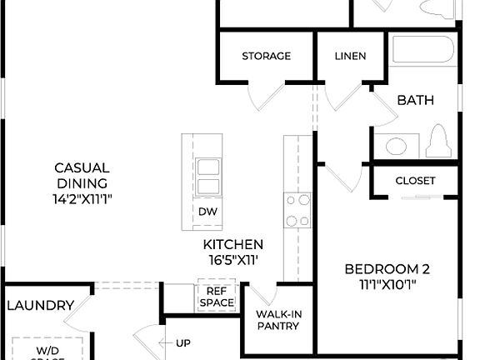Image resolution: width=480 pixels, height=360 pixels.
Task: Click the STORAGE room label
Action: (x=266, y=56)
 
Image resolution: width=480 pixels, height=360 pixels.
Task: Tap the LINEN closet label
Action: (x=349, y=56)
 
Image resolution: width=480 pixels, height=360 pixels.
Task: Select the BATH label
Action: (x=415, y=100)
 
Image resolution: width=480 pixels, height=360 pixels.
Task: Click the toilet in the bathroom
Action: (x=437, y=142)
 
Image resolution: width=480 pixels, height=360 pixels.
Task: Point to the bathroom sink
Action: (x=396, y=146)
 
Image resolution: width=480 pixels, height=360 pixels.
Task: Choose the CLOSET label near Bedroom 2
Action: (x=415, y=180)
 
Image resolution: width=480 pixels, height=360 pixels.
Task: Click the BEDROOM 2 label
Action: (x=387, y=269)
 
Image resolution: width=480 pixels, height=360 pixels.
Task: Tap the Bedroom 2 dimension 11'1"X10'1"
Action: (x=387, y=284)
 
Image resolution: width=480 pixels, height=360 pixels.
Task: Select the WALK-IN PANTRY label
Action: (x=277, y=319)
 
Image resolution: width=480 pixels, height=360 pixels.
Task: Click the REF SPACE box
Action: (x=217, y=297)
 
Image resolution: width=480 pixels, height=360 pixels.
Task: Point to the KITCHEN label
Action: (x=233, y=244)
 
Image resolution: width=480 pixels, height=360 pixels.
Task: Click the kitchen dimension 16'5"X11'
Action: (x=233, y=259)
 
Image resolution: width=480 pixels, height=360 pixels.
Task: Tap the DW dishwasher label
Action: (x=207, y=212)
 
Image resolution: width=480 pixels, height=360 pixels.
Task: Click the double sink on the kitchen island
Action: (x=207, y=175)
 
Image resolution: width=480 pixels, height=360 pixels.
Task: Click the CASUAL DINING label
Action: (x=81, y=176)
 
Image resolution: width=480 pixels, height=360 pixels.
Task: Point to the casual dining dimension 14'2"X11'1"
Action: (x=81, y=199)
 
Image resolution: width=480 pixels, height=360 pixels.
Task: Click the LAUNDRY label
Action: (x=40, y=306)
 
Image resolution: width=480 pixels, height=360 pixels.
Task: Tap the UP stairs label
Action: (x=183, y=342)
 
